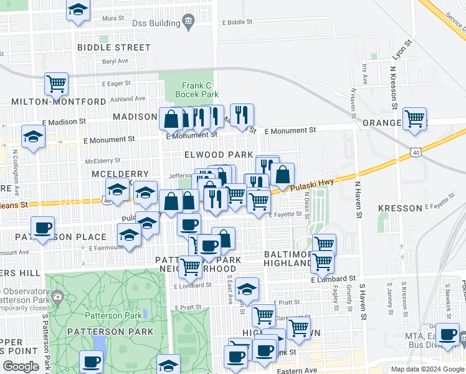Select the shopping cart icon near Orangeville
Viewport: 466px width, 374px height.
point(414,118)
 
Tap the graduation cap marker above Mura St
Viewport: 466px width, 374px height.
point(78,10)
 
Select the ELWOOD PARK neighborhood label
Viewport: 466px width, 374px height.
point(218,155)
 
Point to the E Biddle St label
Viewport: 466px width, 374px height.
point(237,22)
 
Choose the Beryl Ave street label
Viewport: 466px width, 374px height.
point(115,61)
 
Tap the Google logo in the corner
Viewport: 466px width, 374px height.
point(21,367)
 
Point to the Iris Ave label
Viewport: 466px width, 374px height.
point(364,74)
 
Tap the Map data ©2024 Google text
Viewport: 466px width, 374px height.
point(427,369)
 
